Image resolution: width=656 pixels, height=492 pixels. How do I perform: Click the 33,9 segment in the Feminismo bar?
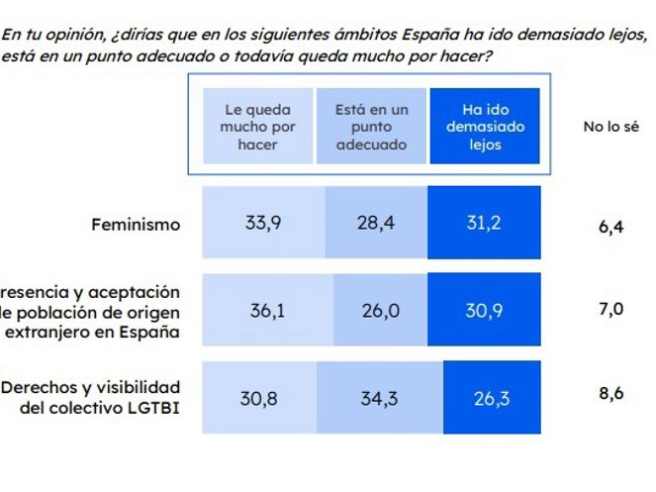click(264, 223)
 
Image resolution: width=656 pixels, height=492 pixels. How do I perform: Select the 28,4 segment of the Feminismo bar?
click(376, 223)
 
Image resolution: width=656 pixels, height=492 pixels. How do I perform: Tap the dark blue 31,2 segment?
click(484, 223)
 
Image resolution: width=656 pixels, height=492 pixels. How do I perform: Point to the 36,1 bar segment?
click(267, 310)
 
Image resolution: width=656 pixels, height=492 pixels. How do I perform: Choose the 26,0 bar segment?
click(380, 310)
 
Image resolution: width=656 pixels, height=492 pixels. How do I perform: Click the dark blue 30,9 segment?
click(485, 310)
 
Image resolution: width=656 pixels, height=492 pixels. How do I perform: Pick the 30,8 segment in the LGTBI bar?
click(259, 398)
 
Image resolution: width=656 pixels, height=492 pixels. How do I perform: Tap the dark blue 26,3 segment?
click(492, 398)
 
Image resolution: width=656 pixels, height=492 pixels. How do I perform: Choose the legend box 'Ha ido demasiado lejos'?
click(484, 126)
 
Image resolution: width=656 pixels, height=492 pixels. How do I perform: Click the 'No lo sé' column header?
click(609, 127)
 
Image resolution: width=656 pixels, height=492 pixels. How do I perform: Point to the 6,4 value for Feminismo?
click(611, 226)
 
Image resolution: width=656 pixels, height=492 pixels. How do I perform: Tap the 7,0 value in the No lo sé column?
click(611, 310)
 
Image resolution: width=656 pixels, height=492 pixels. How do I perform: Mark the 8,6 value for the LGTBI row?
click(611, 394)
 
